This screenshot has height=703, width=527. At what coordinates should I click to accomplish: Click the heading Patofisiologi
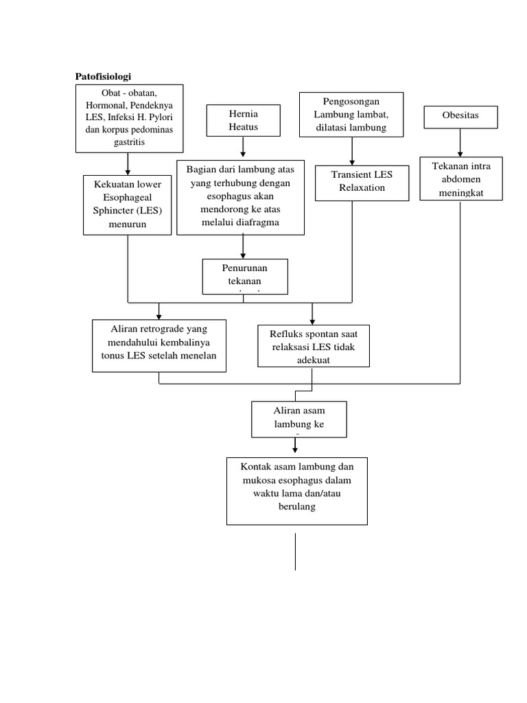(102, 77)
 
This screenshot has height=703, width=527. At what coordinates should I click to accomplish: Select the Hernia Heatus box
(243, 120)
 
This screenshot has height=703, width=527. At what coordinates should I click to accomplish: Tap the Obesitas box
(460, 117)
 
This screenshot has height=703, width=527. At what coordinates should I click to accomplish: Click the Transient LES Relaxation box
(352, 182)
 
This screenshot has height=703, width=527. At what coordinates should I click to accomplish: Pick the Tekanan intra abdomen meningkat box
(460, 178)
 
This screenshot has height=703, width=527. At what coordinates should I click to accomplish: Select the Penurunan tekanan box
(245, 276)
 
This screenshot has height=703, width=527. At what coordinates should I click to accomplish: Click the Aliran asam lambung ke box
(299, 419)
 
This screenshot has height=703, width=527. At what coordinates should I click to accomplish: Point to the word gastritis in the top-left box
(129, 141)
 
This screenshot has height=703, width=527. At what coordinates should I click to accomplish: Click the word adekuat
(313, 359)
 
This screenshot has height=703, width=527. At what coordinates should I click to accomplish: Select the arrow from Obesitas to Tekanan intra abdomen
(460, 143)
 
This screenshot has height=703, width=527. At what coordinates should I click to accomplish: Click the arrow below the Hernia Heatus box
(243, 147)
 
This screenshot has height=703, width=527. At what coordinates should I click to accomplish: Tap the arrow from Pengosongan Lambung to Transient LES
(352, 151)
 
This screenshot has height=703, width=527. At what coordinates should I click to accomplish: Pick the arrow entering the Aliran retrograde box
(159, 310)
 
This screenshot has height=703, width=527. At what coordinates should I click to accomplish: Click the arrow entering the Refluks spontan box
(312, 313)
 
